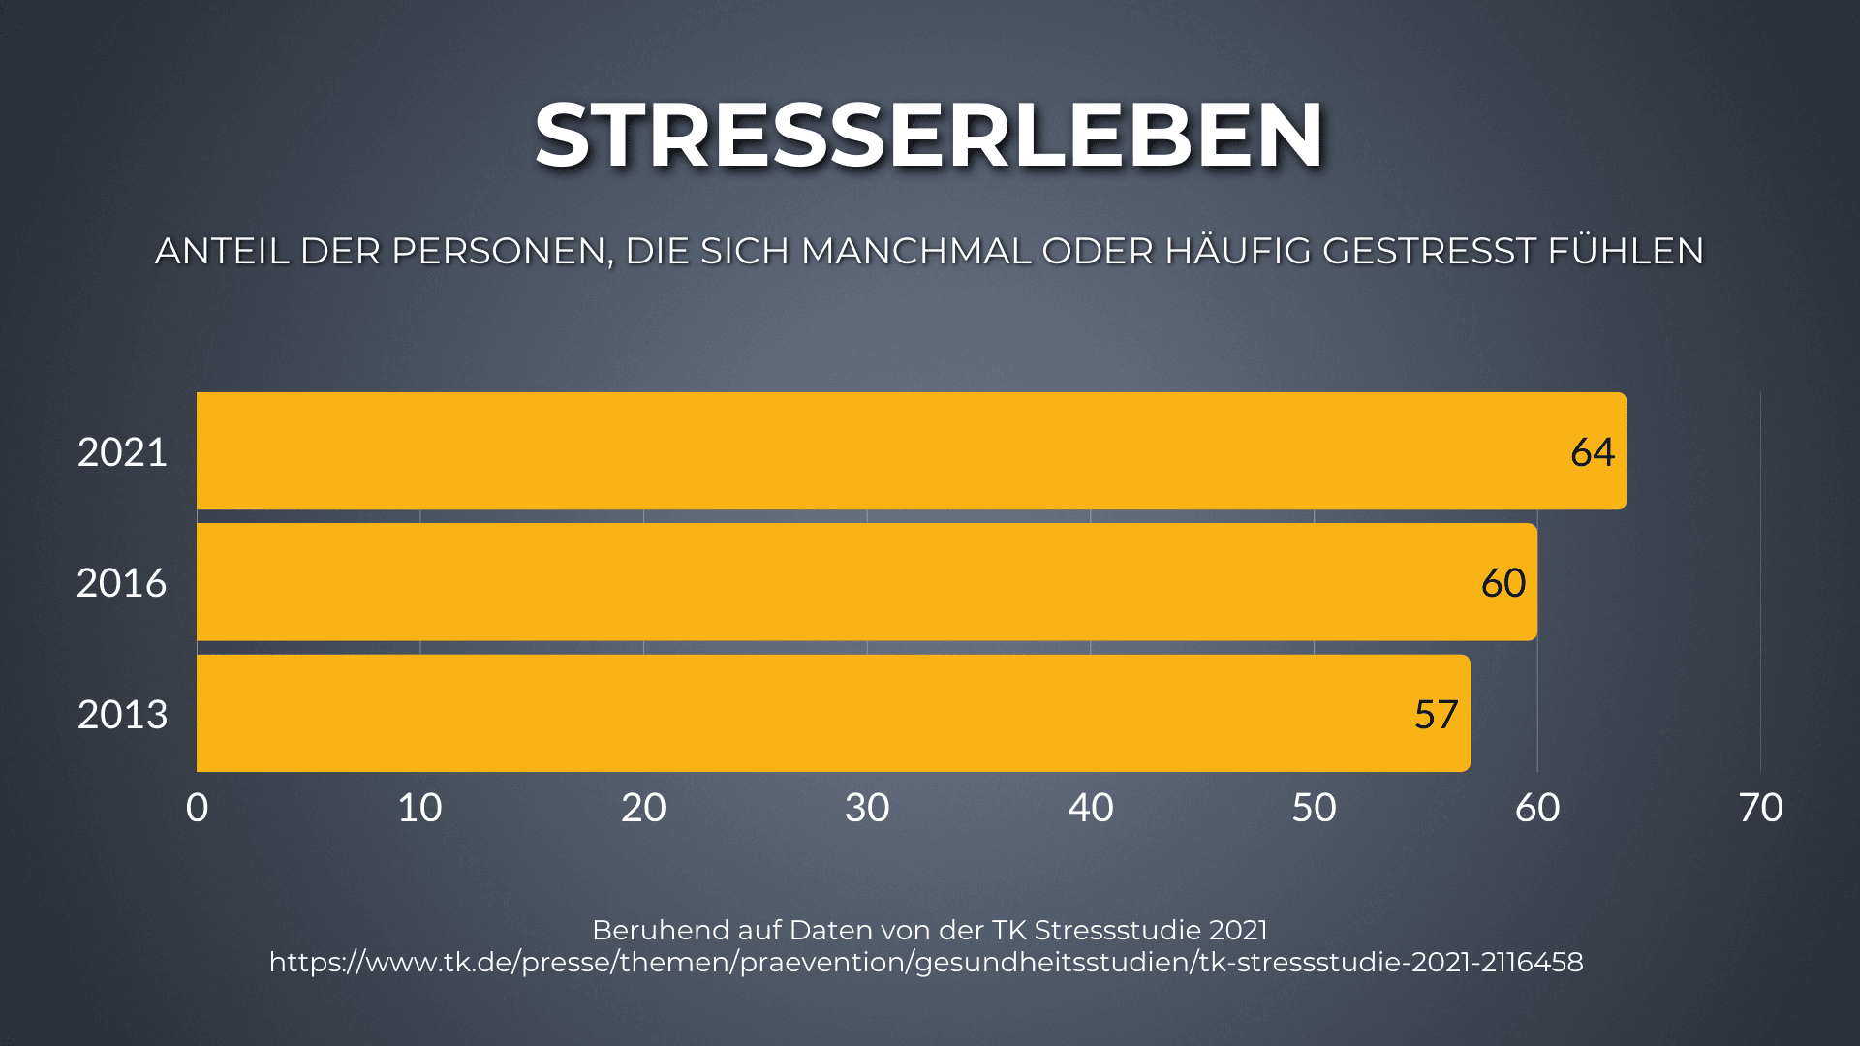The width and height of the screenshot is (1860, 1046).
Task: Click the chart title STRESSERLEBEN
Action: point(929,135)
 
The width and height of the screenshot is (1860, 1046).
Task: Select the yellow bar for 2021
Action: point(911,451)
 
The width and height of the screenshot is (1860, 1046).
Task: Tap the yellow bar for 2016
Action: point(866,582)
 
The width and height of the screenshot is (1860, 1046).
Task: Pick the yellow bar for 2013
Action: point(833,714)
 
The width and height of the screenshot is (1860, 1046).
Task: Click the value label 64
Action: point(1592,452)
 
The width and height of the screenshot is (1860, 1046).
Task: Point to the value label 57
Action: point(1436,715)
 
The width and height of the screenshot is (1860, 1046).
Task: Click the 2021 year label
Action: point(122,452)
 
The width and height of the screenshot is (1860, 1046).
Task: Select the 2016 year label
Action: point(122,583)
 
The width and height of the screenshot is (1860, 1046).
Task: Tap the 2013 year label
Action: point(122,715)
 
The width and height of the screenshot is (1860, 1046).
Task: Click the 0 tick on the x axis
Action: point(197,808)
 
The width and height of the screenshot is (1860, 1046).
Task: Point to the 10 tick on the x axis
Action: point(419,808)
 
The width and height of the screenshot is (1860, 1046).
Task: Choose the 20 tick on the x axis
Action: point(643,808)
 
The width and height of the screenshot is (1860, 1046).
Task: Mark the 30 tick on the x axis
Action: point(867,808)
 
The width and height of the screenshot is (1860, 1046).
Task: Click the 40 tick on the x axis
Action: point(1091,808)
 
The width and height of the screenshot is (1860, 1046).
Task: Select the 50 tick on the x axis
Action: point(1314,808)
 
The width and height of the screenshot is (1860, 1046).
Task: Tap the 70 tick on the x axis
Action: point(1760,808)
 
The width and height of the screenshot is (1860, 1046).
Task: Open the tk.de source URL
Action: point(926,962)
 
